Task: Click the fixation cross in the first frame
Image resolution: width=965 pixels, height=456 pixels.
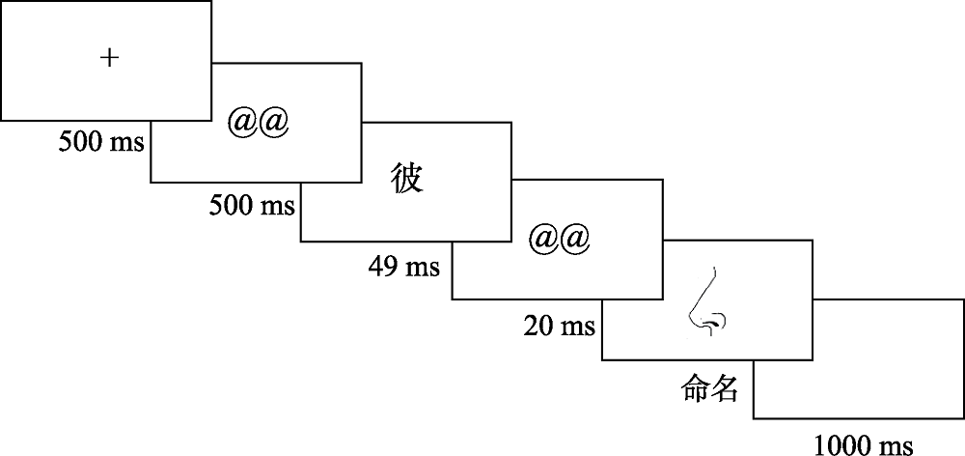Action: coord(110,58)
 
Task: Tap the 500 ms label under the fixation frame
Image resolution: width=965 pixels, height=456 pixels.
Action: coord(101,143)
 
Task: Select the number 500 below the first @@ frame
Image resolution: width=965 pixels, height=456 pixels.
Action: coord(233,205)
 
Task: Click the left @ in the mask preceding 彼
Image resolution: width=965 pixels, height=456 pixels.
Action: coord(242,123)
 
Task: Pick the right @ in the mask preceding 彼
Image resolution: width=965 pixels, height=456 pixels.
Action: coord(273,123)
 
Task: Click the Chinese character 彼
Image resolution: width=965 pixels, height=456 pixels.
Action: coord(407,179)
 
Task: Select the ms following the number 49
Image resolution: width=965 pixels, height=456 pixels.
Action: coord(420,266)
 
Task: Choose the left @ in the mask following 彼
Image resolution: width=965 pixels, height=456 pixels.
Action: coord(543,238)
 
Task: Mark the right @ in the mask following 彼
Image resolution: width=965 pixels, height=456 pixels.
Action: coord(574,238)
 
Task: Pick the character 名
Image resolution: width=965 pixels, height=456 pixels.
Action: coord(725,389)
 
